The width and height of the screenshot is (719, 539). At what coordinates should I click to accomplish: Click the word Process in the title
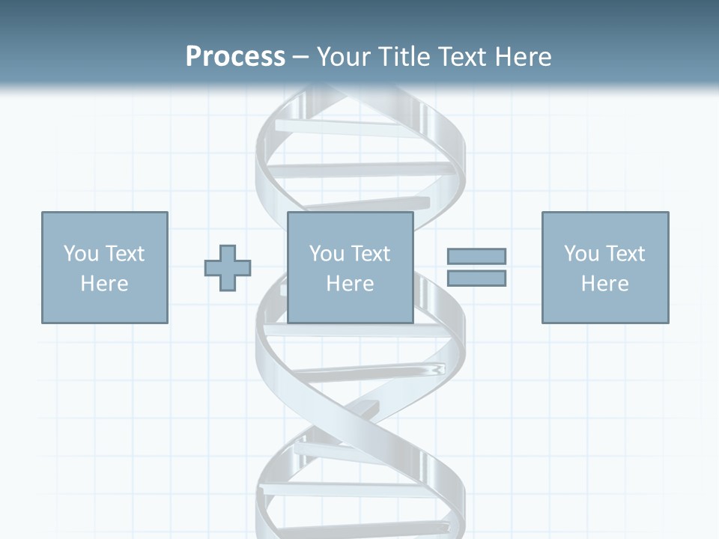(235, 57)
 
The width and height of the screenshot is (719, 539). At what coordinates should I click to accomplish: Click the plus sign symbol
(228, 268)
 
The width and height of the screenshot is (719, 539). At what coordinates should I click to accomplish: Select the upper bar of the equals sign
(476, 256)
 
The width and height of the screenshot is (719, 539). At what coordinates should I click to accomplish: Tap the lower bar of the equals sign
(476, 278)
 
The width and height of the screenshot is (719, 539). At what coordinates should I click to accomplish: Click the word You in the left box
(80, 254)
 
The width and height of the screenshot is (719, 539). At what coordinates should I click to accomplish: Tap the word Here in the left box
(104, 284)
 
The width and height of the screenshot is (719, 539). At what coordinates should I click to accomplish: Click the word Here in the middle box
(350, 284)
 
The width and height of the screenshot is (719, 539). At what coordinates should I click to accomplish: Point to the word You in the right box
(580, 254)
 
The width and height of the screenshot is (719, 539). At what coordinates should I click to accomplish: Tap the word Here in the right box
(604, 284)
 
